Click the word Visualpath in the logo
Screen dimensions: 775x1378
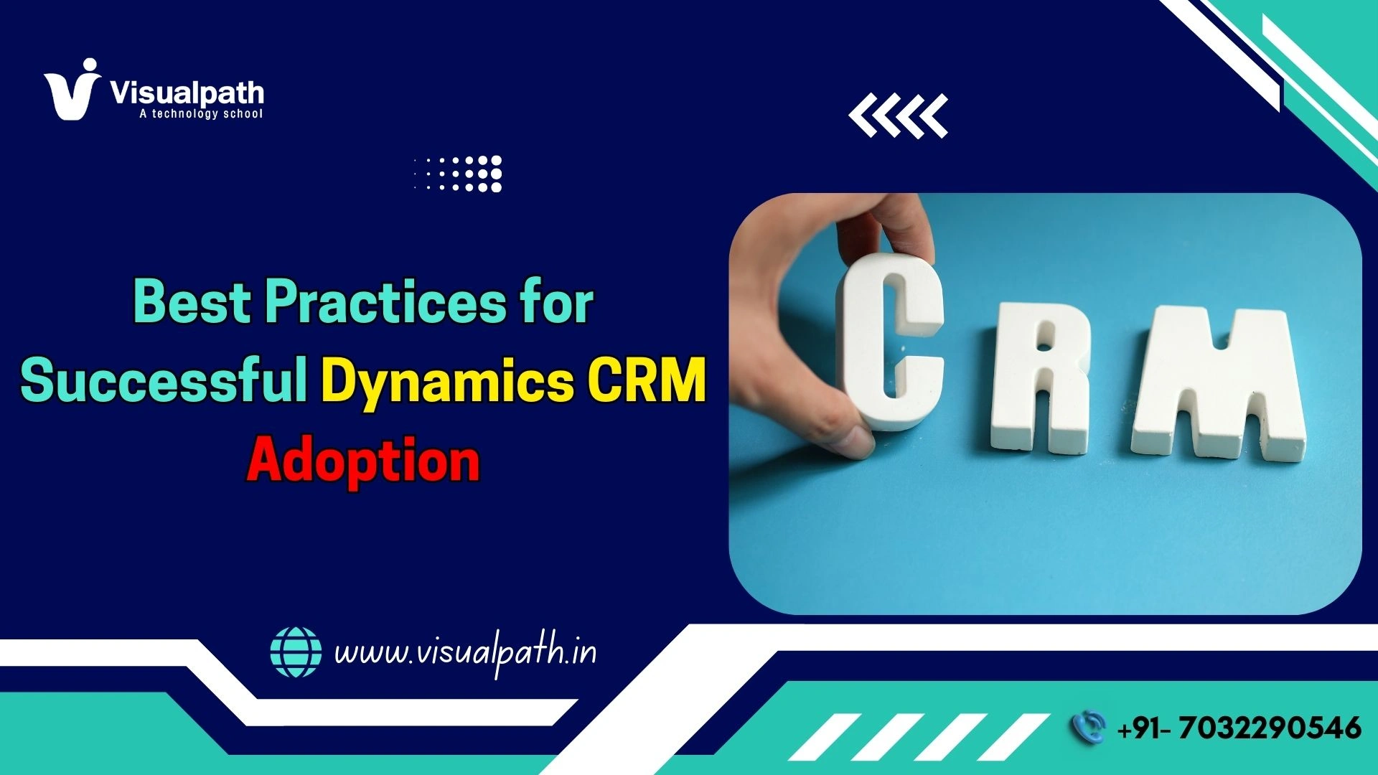click(187, 93)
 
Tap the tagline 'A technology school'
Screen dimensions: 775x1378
click(201, 113)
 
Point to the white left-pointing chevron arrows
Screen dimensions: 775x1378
click(898, 115)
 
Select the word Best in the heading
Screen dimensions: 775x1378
click(192, 301)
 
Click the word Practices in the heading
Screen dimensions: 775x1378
click(385, 301)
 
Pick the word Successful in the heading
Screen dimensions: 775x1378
click(164, 380)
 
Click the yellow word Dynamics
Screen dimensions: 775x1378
click(447, 380)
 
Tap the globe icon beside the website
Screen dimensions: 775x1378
click(296, 652)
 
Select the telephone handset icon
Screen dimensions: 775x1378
click(1088, 727)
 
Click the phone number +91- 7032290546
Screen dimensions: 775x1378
click(1239, 728)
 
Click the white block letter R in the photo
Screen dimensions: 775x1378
click(1042, 377)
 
